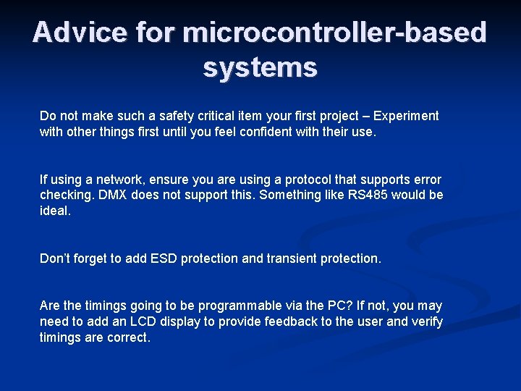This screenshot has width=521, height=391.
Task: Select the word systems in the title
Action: pos(260,67)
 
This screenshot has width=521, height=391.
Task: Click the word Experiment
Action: pos(407,116)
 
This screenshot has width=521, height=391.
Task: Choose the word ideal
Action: pos(55,211)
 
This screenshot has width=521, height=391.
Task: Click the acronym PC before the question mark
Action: pos(315,306)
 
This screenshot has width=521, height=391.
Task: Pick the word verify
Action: pos(427,322)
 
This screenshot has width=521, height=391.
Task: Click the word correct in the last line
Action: pos(128,338)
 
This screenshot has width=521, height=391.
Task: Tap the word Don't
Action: pos(56,258)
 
